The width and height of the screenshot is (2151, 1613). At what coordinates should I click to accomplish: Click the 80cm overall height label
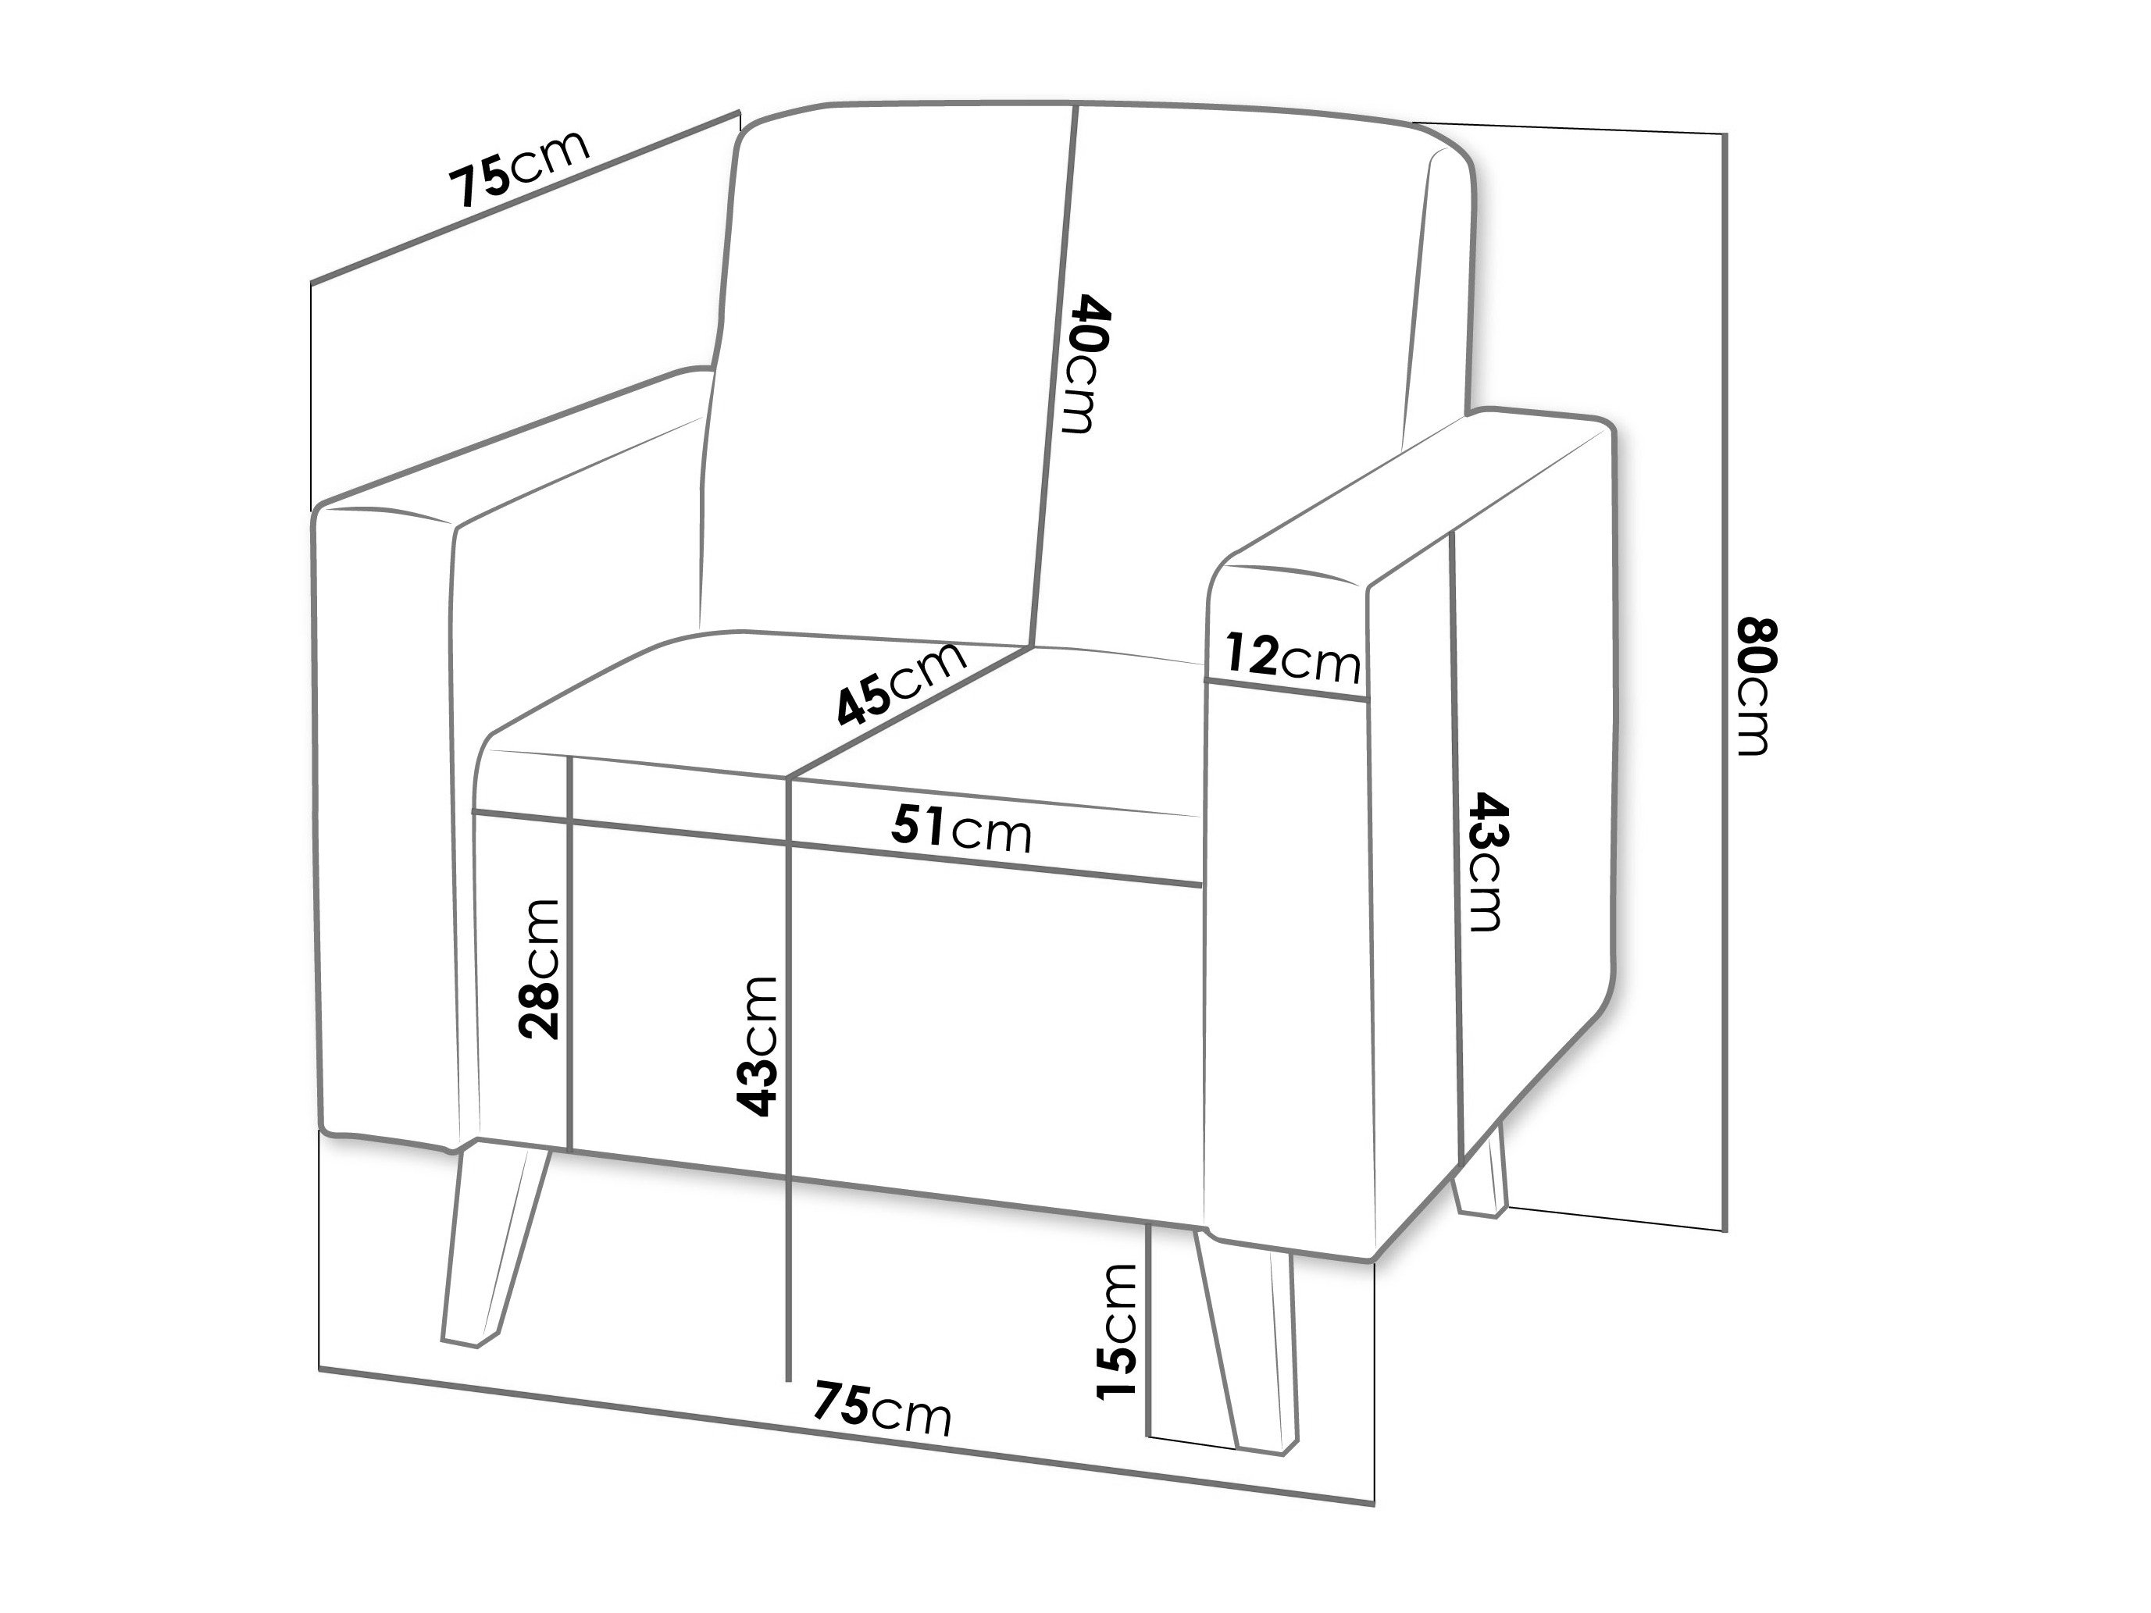point(1757,686)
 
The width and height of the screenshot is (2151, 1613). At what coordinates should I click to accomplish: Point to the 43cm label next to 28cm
point(757,1046)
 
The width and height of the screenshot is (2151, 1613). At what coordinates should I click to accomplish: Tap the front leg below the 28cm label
point(494,1244)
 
